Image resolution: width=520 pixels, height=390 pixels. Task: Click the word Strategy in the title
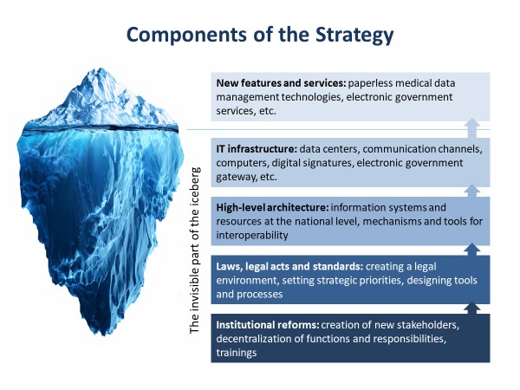coord(354,35)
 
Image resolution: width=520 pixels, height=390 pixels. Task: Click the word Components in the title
coord(186,34)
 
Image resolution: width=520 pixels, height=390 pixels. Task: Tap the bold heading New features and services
coord(281,83)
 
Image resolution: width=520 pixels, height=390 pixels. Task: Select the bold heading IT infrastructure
coord(257,149)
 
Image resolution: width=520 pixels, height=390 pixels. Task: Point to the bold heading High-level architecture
coord(272,208)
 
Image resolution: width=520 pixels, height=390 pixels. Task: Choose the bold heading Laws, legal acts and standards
coord(289,266)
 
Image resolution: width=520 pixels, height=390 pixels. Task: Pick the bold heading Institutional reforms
coord(267,325)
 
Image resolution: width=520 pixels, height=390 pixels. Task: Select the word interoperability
coord(252,236)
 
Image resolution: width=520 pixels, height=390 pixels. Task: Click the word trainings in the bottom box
coord(237,353)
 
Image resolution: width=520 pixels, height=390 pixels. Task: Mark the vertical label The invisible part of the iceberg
coord(195,250)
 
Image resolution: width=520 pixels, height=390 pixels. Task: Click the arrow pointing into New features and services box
coord(472,128)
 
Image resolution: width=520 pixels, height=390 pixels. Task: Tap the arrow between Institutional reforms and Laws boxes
coord(472,308)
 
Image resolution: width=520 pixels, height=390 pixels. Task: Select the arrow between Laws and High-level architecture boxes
coord(472,250)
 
